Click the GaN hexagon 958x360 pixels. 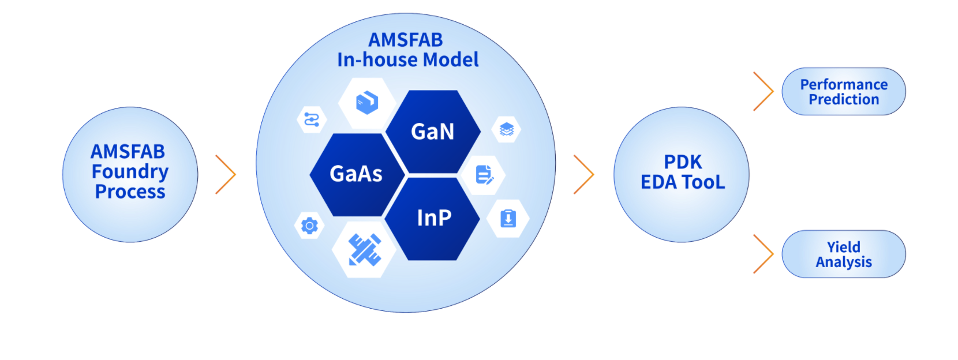(x=432, y=132)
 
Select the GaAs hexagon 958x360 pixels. (x=356, y=174)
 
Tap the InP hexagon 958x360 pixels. (x=433, y=218)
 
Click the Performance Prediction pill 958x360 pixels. (x=843, y=92)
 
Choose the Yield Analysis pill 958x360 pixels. (x=843, y=254)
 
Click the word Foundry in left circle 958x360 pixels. (x=130, y=171)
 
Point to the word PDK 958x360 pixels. (x=683, y=162)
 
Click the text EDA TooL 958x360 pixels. (x=683, y=182)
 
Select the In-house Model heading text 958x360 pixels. (x=407, y=59)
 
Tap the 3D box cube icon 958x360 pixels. (x=366, y=103)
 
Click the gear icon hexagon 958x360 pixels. (x=309, y=225)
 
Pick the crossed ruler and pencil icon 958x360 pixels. (x=365, y=249)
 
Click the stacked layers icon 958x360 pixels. (x=506, y=129)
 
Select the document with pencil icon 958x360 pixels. (x=484, y=175)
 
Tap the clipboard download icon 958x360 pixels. (x=508, y=219)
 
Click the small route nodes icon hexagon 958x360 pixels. (x=312, y=119)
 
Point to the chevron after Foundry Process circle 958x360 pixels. (x=226, y=174)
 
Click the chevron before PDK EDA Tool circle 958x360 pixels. (x=584, y=174)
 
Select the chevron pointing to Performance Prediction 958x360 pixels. (x=764, y=91)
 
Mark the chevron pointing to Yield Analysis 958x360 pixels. (x=764, y=254)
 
